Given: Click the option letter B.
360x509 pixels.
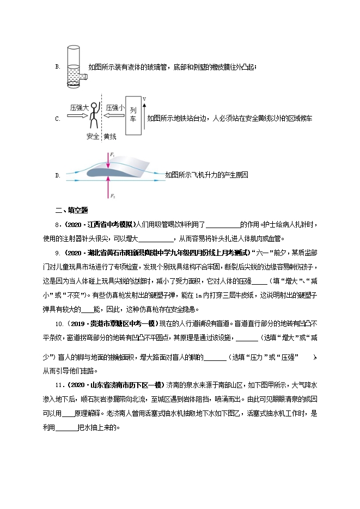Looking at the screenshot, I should coord(57,66).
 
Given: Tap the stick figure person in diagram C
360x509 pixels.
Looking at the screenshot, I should coord(94,116).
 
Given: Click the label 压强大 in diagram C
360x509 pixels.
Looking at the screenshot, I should coord(79,108).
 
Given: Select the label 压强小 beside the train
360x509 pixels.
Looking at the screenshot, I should coord(114,108).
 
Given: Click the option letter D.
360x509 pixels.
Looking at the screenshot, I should coord(57,175).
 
